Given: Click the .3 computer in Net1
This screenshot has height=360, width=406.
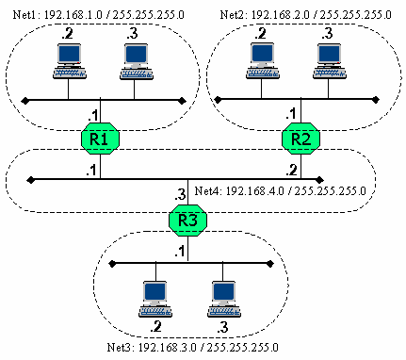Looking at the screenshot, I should click(x=135, y=60).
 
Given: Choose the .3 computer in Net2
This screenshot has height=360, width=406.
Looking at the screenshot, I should click(x=329, y=60).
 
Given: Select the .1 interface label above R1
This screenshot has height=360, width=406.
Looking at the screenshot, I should click(x=92, y=114).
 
